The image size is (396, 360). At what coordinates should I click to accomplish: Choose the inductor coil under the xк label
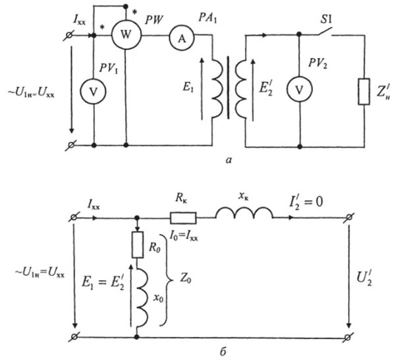click(x=244, y=213)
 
